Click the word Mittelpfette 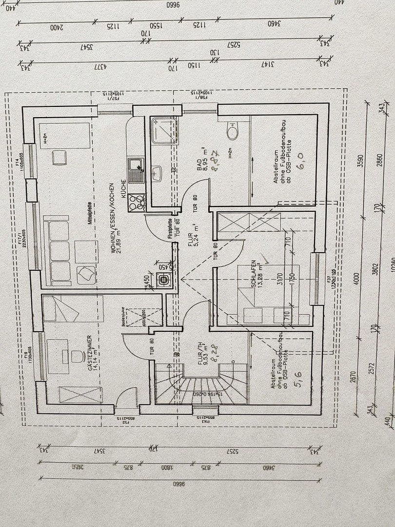(90, 213)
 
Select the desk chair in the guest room (77, 356)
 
